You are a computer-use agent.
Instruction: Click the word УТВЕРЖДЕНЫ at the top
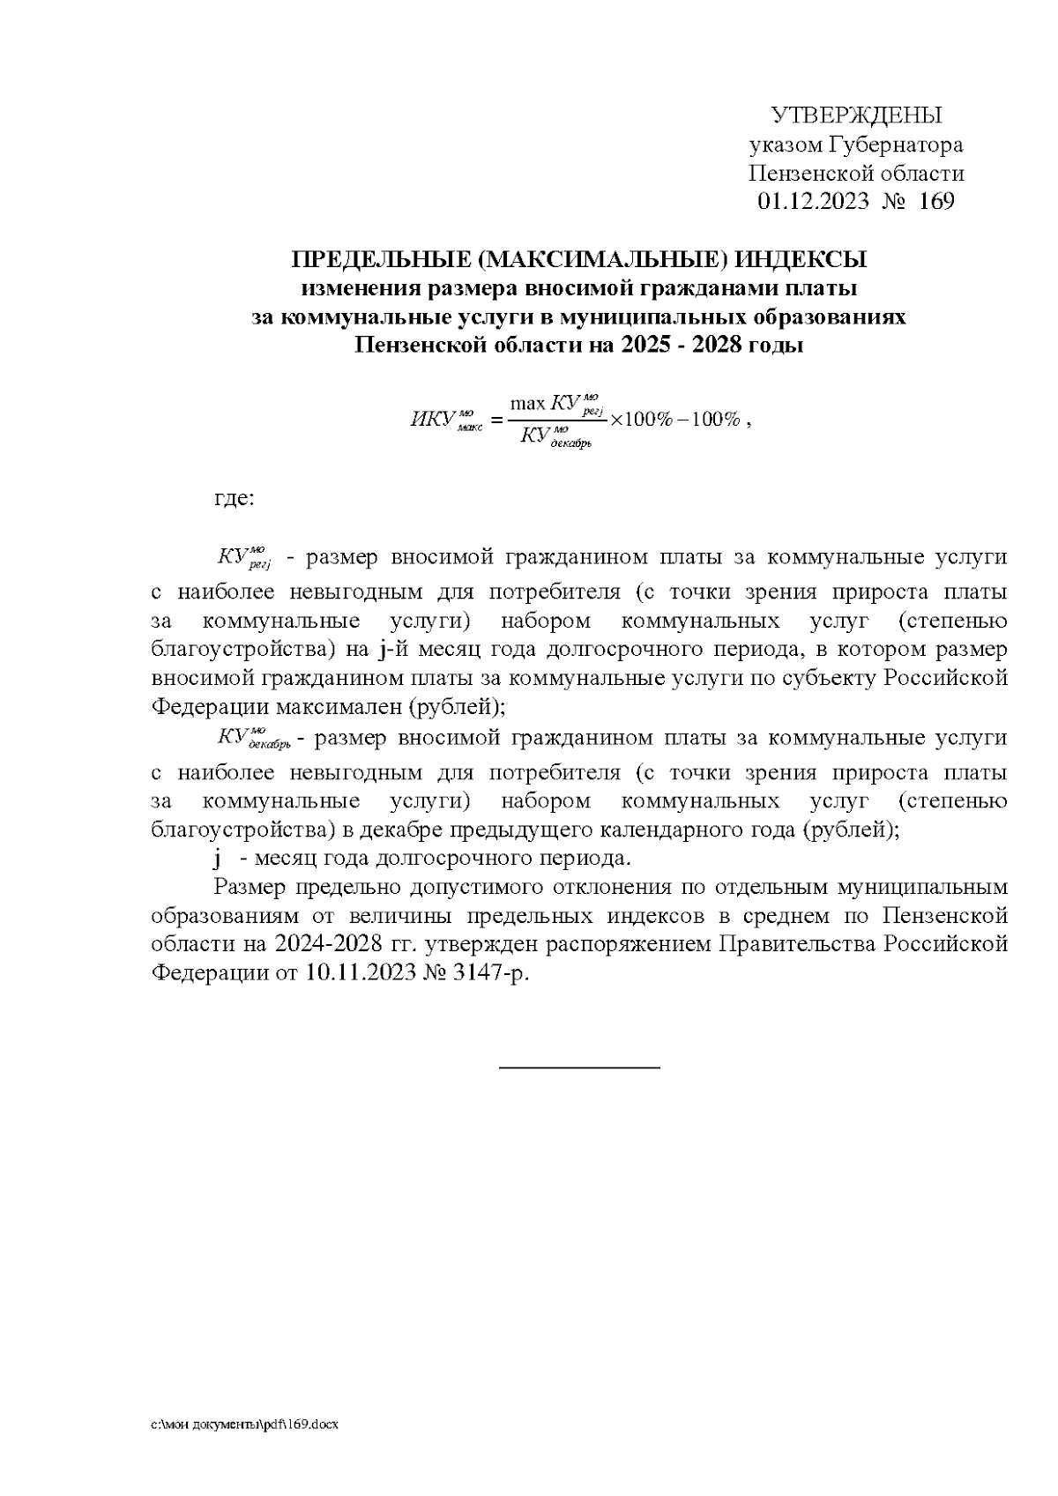(856, 116)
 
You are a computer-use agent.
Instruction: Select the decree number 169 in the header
(936, 202)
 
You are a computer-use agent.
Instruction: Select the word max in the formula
(528, 404)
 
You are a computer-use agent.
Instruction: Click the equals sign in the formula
(495, 420)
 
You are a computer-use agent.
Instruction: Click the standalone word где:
(235, 499)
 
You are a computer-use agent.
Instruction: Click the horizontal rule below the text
(579, 1068)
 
